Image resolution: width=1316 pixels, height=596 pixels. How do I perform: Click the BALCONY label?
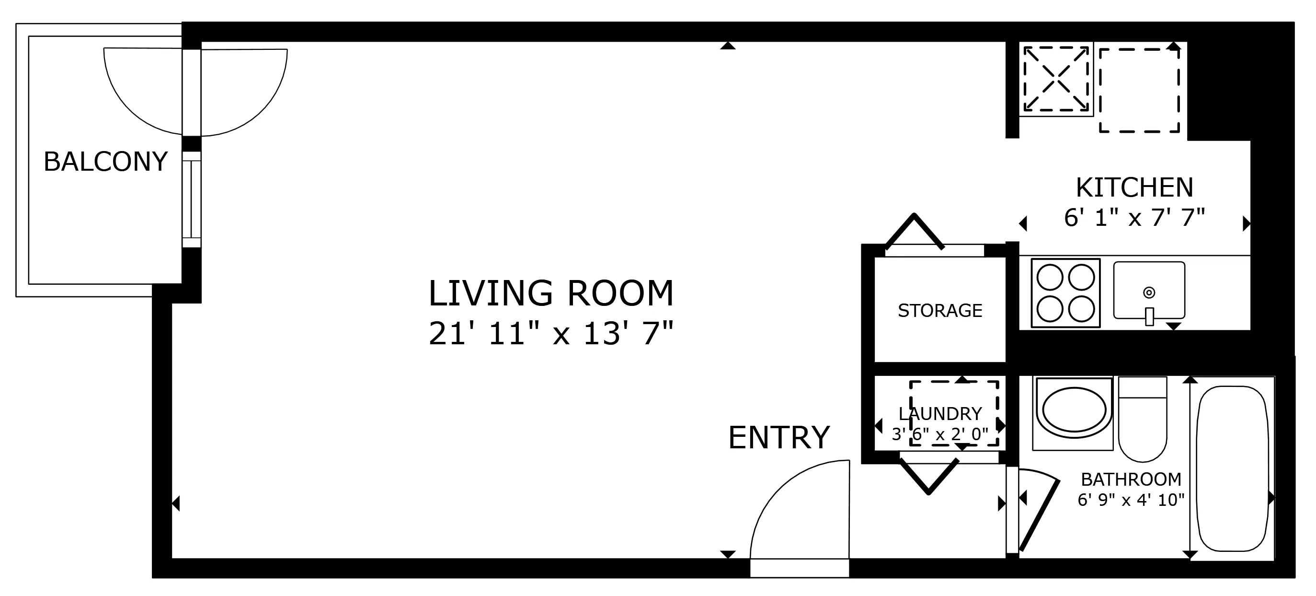tap(105, 162)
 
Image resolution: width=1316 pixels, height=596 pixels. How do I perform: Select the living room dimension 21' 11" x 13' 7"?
tap(551, 333)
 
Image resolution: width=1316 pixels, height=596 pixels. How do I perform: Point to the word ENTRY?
tap(778, 438)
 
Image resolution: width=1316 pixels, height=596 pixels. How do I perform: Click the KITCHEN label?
tap(1134, 187)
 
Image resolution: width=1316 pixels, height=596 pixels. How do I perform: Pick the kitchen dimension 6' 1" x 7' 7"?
tap(1134, 218)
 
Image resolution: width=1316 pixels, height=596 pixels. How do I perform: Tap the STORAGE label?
tap(940, 310)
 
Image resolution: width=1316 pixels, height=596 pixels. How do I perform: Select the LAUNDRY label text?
tap(940, 413)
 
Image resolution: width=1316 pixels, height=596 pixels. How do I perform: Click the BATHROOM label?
tap(1131, 479)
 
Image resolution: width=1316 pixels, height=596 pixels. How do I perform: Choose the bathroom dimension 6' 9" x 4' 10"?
tap(1131, 500)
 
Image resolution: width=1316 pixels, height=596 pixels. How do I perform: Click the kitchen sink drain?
tap(1149, 292)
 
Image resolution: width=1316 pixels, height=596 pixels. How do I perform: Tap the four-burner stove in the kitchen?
tap(1065, 293)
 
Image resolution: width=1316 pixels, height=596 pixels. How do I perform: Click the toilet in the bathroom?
tap(1142, 419)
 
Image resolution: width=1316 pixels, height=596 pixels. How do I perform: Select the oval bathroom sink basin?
tap(1074, 409)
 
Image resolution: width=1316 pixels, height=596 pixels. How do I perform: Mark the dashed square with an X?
tap(1056, 79)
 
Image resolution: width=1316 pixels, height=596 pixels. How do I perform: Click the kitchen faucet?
tap(1149, 316)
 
